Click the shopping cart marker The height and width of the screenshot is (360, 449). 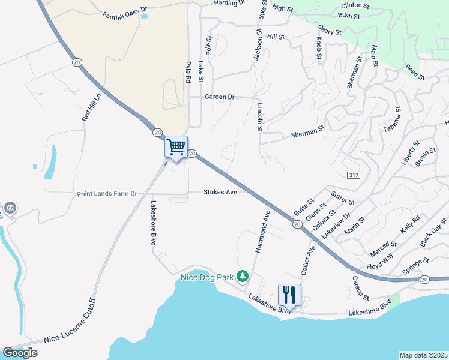[x=176, y=146]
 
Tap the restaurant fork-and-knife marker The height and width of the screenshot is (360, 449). [x=289, y=295]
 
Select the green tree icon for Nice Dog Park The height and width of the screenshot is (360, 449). [x=243, y=277]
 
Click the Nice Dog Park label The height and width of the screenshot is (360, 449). [x=207, y=278]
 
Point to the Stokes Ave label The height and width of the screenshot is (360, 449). [x=220, y=192]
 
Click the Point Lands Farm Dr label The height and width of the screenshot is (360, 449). [x=107, y=194]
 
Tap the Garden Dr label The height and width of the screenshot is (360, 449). [x=219, y=97]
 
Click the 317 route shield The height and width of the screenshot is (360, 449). [x=353, y=174]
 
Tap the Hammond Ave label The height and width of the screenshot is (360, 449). [x=263, y=230]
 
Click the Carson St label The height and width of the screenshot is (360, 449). [x=361, y=289]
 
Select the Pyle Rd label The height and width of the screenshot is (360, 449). [x=188, y=72]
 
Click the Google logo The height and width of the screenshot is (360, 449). [x=20, y=353]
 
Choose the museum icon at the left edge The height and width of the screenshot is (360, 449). [x=10, y=209]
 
